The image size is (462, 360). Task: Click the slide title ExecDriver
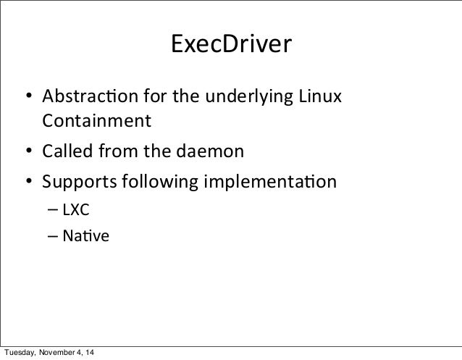coord(230,46)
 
